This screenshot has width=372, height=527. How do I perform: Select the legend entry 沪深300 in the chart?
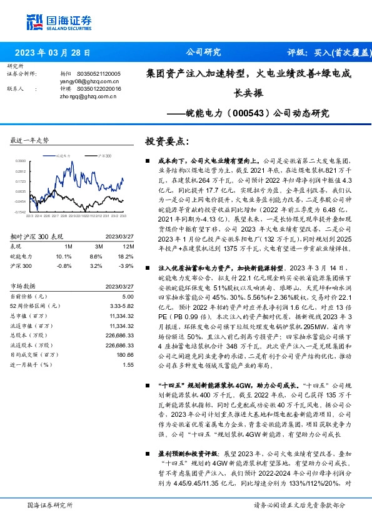[x=104, y=154]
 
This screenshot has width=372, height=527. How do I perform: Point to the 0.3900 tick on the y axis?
[x=21, y=161]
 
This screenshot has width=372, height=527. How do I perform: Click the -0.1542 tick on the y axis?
[x=21, y=213]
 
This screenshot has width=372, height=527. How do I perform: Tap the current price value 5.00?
[x=128, y=296]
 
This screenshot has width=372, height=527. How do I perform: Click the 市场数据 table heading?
[x=24, y=286]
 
